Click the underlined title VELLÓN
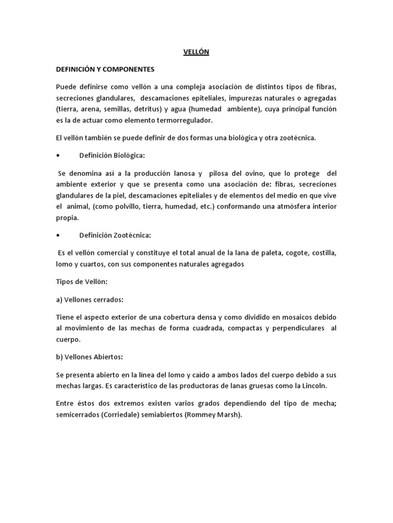pyautogui.click(x=196, y=52)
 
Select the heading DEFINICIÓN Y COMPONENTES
pyautogui.click(x=105, y=68)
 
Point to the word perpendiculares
pyautogui.click(x=296, y=327)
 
